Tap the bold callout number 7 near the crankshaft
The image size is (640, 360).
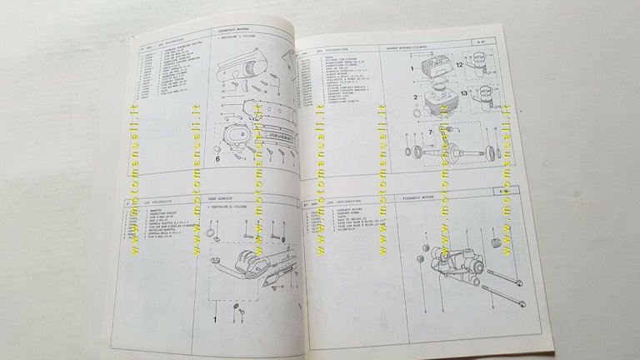tap(431, 132)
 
